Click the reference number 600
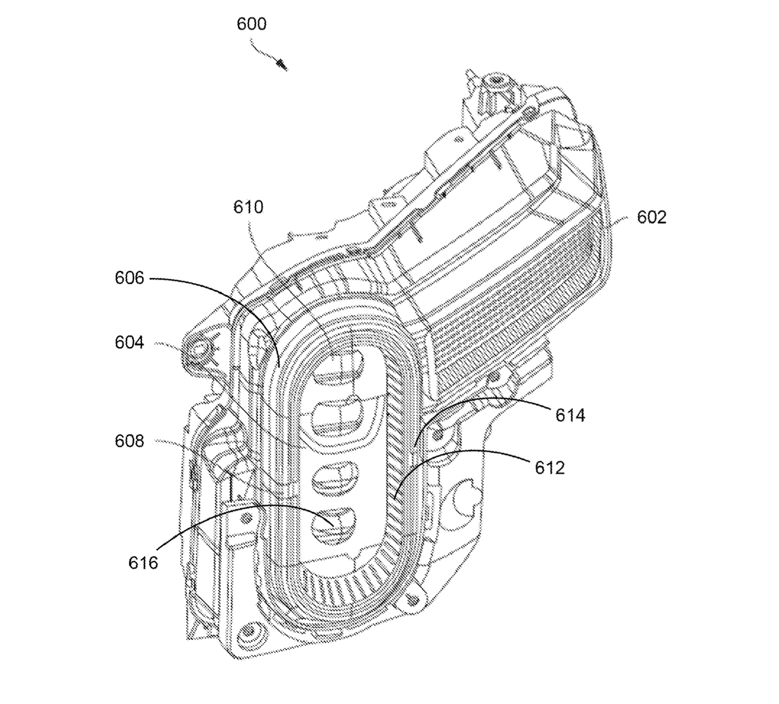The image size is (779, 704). coord(251,24)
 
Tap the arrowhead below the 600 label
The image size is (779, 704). coord(282,65)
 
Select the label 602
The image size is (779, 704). coord(651,217)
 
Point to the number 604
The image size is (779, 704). coord(129,342)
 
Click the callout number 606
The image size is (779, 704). coord(129,278)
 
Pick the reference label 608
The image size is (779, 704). coord(129,441)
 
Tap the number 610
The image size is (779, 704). coord(248,207)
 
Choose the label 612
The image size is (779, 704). coord(550,468)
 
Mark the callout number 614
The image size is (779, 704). coord(570,415)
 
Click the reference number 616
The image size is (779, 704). coord(143,563)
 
